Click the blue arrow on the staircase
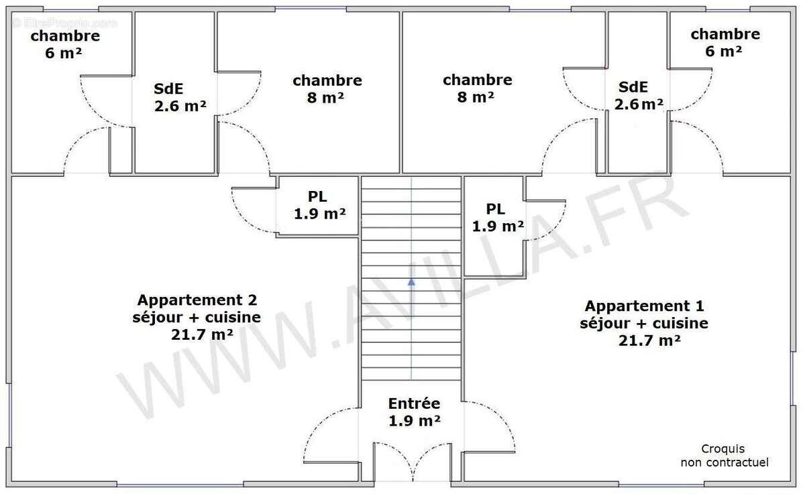[x=411, y=283]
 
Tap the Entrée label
[x=414, y=403]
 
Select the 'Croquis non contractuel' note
[x=724, y=456]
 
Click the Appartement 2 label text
[x=197, y=300]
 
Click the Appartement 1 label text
[x=645, y=306]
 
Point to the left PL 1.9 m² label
[x=319, y=205]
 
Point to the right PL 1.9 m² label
[x=497, y=218]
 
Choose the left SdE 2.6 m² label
[x=180, y=97]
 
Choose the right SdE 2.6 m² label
[x=639, y=96]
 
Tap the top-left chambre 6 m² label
[x=65, y=44]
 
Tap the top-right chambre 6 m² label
[x=725, y=43]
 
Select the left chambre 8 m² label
[x=327, y=89]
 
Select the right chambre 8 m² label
[x=477, y=88]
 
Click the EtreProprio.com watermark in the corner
[x=64, y=23]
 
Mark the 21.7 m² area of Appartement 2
[x=202, y=334]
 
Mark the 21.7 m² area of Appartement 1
[x=649, y=340]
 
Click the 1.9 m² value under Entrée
[x=415, y=421]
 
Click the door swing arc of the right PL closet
[x=556, y=226]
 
